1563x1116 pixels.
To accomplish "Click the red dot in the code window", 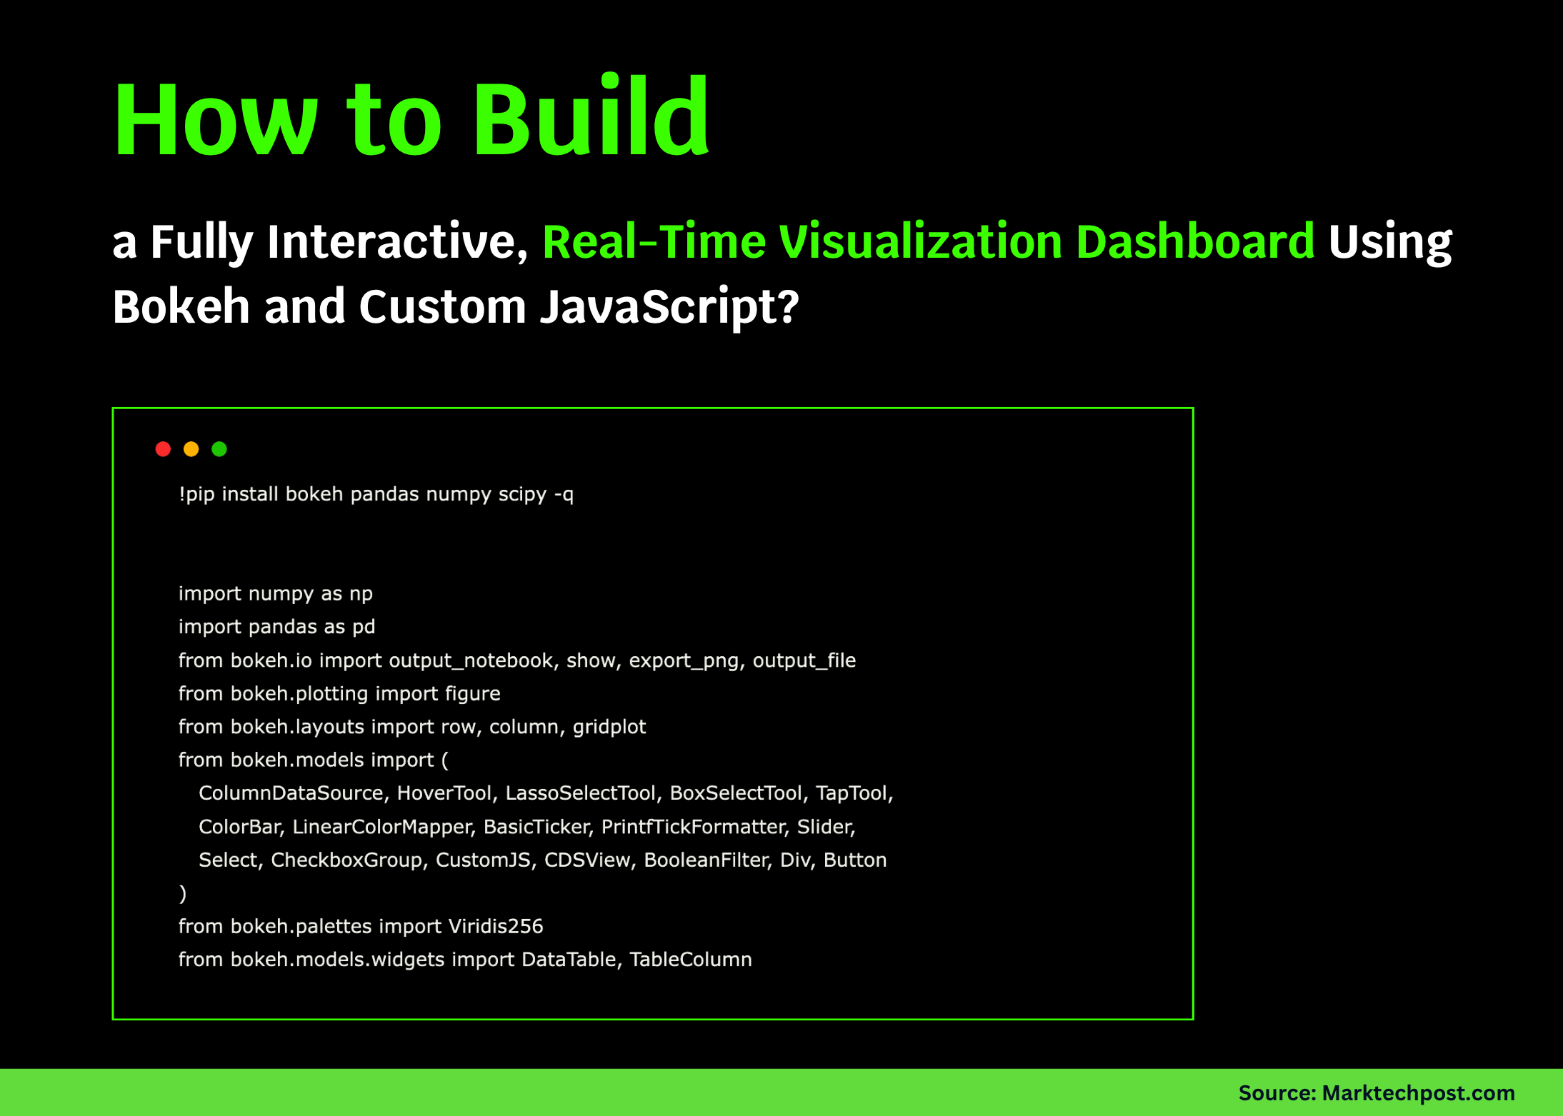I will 163,448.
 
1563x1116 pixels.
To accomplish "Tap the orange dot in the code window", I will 191,448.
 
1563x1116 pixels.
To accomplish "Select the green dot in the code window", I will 219,448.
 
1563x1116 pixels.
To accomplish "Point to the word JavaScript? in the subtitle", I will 669,307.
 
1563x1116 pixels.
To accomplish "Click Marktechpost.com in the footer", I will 1418,1092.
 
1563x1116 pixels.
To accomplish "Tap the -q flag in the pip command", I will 564,494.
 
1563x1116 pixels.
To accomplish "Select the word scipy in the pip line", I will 522,494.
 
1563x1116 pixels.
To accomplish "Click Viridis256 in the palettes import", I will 496,926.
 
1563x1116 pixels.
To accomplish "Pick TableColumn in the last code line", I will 690,959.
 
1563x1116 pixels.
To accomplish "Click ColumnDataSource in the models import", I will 291,793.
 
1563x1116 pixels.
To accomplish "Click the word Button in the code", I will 854,860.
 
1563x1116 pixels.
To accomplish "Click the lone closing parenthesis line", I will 183,893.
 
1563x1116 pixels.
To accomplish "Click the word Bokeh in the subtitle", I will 181,307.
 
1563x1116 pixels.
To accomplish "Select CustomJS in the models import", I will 483,860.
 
